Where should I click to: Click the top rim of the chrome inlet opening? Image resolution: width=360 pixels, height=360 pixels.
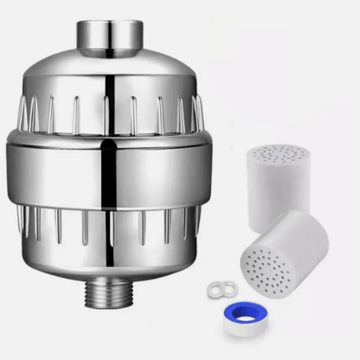111,20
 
